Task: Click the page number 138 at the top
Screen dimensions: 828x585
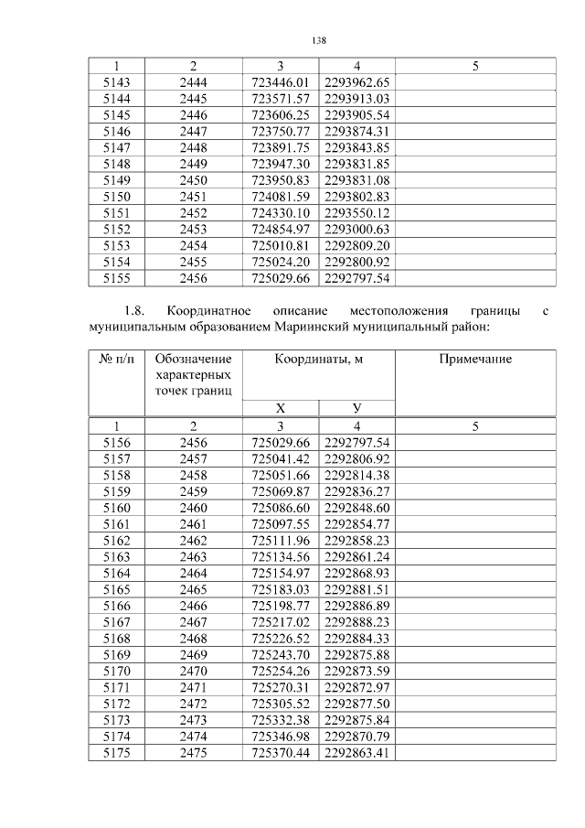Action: pyautogui.click(x=319, y=41)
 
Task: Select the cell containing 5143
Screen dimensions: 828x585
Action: pyautogui.click(x=116, y=82)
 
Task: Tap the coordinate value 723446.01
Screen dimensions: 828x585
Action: pyautogui.click(x=281, y=82)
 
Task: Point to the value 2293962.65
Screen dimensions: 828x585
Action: pyautogui.click(x=357, y=82)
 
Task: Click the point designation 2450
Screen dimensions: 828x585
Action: pyautogui.click(x=193, y=180)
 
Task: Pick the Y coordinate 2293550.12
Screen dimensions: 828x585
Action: pyautogui.click(x=357, y=213)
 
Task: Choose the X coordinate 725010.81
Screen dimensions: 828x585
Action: pyautogui.click(x=281, y=246)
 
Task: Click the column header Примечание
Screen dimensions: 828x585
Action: pyautogui.click(x=475, y=360)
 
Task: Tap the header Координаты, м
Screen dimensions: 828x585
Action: pyautogui.click(x=319, y=360)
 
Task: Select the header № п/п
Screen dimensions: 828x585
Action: pyautogui.click(x=116, y=360)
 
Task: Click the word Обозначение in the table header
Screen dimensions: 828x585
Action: pyautogui.click(x=193, y=360)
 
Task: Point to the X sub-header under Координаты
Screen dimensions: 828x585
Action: pyautogui.click(x=281, y=408)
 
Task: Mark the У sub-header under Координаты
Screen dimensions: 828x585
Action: pyautogui.click(x=357, y=408)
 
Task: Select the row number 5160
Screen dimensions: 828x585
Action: pyautogui.click(x=116, y=508)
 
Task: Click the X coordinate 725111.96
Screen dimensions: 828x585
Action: pyautogui.click(x=281, y=541)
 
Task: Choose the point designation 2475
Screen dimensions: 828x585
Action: pyautogui.click(x=193, y=753)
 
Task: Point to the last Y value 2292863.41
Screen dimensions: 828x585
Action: pyautogui.click(x=357, y=753)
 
